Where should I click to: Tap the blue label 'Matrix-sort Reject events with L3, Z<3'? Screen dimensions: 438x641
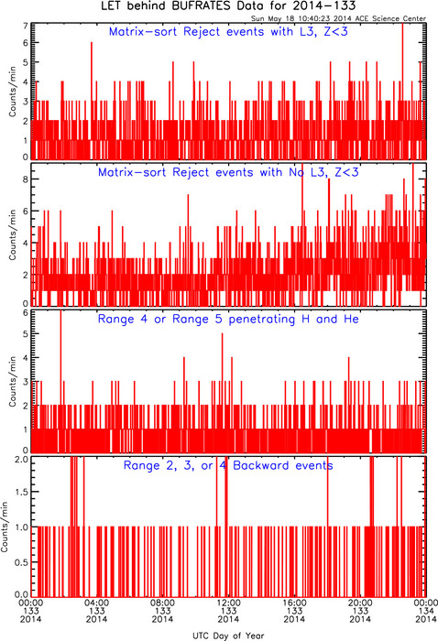228,31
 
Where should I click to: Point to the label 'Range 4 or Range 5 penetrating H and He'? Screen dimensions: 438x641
228,319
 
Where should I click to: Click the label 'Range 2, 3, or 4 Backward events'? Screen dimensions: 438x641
228,465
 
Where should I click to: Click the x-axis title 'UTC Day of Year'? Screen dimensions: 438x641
228,636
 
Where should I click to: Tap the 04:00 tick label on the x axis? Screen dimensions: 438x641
97,603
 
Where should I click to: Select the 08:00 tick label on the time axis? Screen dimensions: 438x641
163,603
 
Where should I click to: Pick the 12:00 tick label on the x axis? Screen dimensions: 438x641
228,603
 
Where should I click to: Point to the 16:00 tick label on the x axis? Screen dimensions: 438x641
294,603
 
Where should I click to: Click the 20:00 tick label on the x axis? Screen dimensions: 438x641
360,603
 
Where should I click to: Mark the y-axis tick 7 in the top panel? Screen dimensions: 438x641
26,26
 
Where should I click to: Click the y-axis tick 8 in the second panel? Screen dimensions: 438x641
26,179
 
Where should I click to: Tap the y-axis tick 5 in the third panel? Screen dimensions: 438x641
26,333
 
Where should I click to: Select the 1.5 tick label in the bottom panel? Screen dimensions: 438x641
22,492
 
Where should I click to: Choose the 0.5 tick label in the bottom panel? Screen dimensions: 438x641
22,562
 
